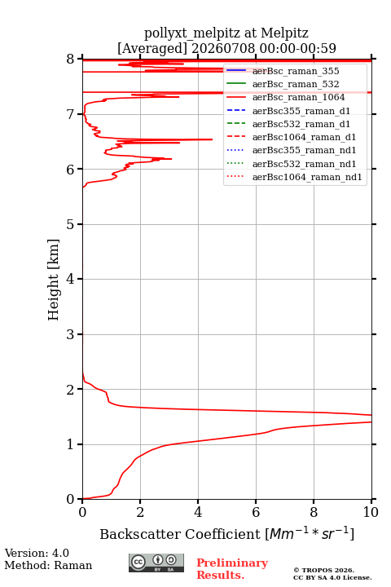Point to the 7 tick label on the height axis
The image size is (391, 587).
pyautogui.click(x=70, y=114)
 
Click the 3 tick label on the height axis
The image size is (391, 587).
pyautogui.click(x=70, y=334)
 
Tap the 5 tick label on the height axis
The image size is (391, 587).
pyautogui.click(x=70, y=224)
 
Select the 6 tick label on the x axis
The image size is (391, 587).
pyautogui.click(x=256, y=512)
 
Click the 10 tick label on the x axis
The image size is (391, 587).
pyautogui.click(x=371, y=512)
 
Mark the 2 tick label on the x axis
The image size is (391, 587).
pyautogui.click(x=140, y=512)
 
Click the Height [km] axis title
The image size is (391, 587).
pyautogui.click(x=54, y=280)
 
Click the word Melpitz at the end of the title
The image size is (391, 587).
pyautogui.click(x=284, y=33)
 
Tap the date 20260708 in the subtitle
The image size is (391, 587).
pyautogui.click(x=224, y=48)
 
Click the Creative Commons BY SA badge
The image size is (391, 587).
pyautogui.click(x=156, y=563)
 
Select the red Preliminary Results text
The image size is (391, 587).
pyautogui.click(x=232, y=569)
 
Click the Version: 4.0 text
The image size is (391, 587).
pyautogui.click(x=37, y=553)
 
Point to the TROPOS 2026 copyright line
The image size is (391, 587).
pyautogui.click(x=323, y=570)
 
